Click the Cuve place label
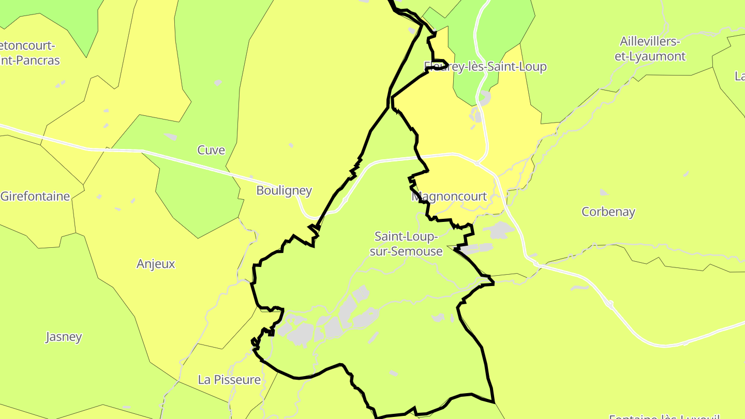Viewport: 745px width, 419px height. [211, 150]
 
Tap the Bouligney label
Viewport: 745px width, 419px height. [284, 190]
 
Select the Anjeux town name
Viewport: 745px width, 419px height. [156, 264]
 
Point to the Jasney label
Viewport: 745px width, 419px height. [64, 337]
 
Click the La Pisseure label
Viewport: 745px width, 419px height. [229, 380]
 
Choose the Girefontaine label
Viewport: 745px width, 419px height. [35, 196]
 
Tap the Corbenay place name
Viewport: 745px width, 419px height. [608, 212]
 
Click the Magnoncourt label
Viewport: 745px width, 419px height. [449, 197]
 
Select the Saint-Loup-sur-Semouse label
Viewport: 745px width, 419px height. [409, 244]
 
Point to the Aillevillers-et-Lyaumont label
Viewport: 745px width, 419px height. [650, 49]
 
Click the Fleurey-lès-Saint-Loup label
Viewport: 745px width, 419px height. [485, 67]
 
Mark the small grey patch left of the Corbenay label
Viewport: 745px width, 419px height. [604, 192]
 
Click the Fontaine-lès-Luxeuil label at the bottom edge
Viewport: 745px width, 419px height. [664, 416]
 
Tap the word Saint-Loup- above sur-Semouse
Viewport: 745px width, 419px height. [407, 236]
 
